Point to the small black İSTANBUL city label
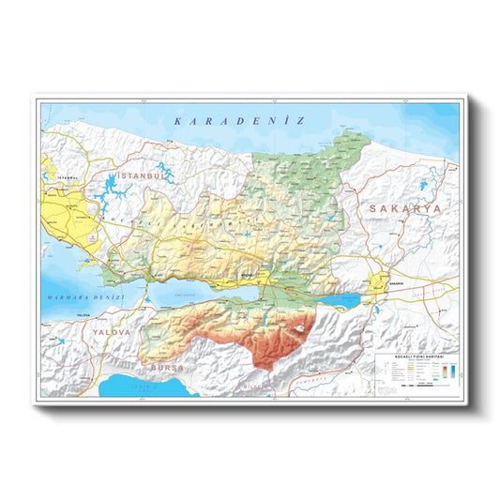66,176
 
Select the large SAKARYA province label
402,208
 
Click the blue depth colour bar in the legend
452,372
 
